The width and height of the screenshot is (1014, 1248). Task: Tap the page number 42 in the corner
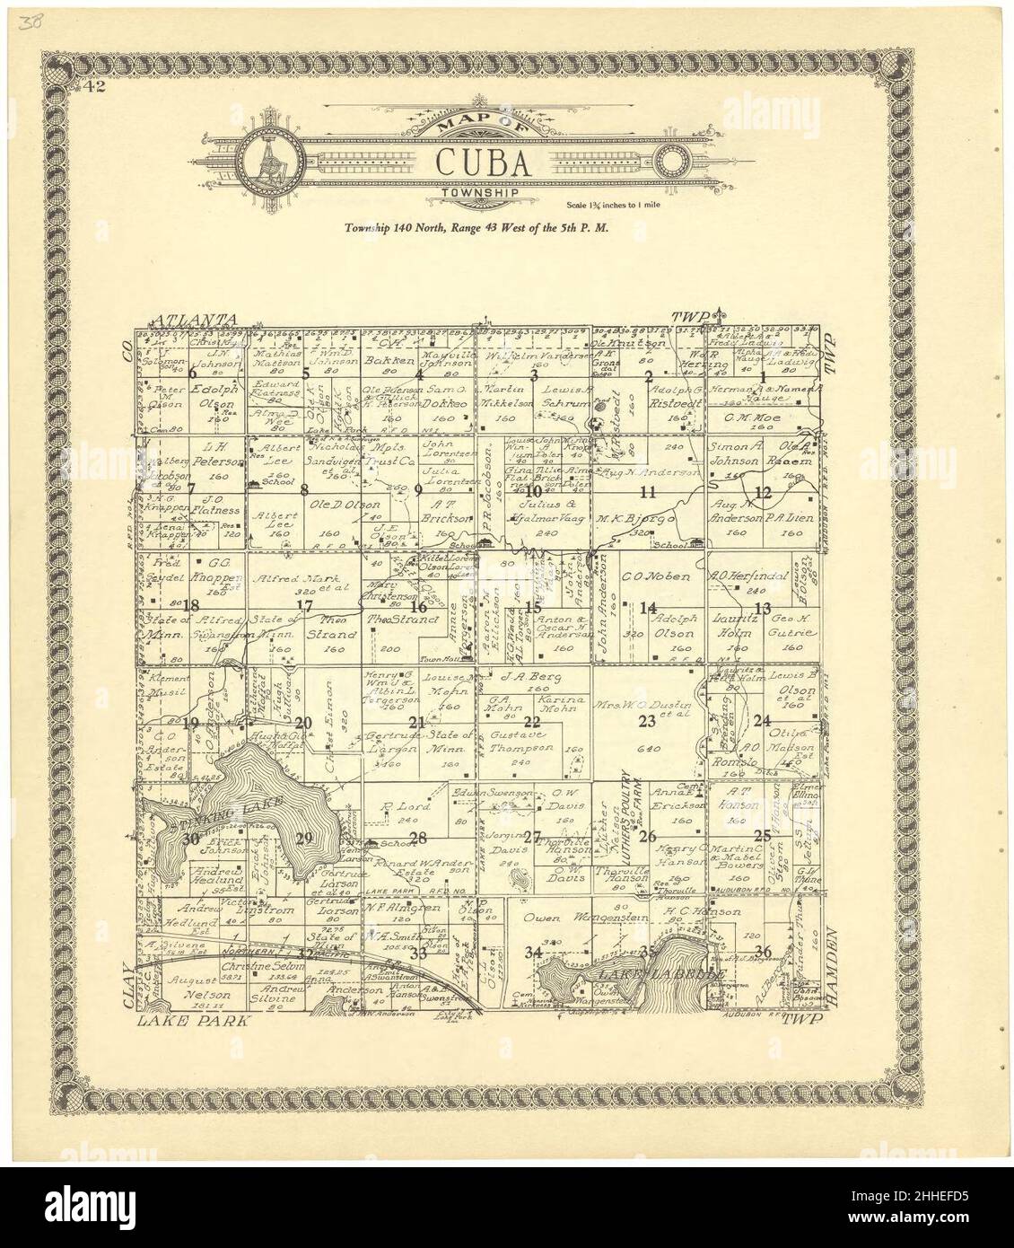pos(88,87)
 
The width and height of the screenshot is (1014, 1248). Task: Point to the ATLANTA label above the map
pos(195,320)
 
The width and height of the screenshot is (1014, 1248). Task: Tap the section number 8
pos(304,489)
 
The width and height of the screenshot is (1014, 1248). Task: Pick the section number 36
pos(764,952)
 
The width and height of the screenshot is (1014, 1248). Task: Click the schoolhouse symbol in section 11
pos(696,541)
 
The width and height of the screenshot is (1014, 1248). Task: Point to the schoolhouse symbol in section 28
pos(373,843)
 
